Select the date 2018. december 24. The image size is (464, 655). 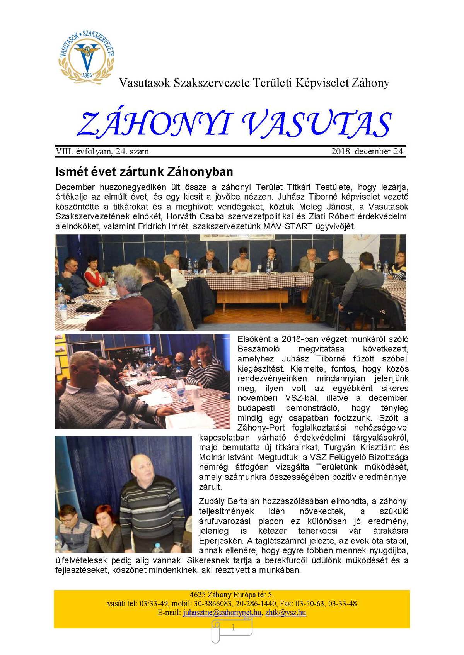[368, 151]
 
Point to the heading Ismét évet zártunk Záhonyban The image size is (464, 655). [144, 171]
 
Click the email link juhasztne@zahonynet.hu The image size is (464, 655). [222, 613]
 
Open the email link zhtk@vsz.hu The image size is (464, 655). [286, 613]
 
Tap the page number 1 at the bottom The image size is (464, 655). [233, 628]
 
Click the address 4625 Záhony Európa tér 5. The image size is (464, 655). [232, 594]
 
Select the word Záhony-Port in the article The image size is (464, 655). [261, 428]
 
